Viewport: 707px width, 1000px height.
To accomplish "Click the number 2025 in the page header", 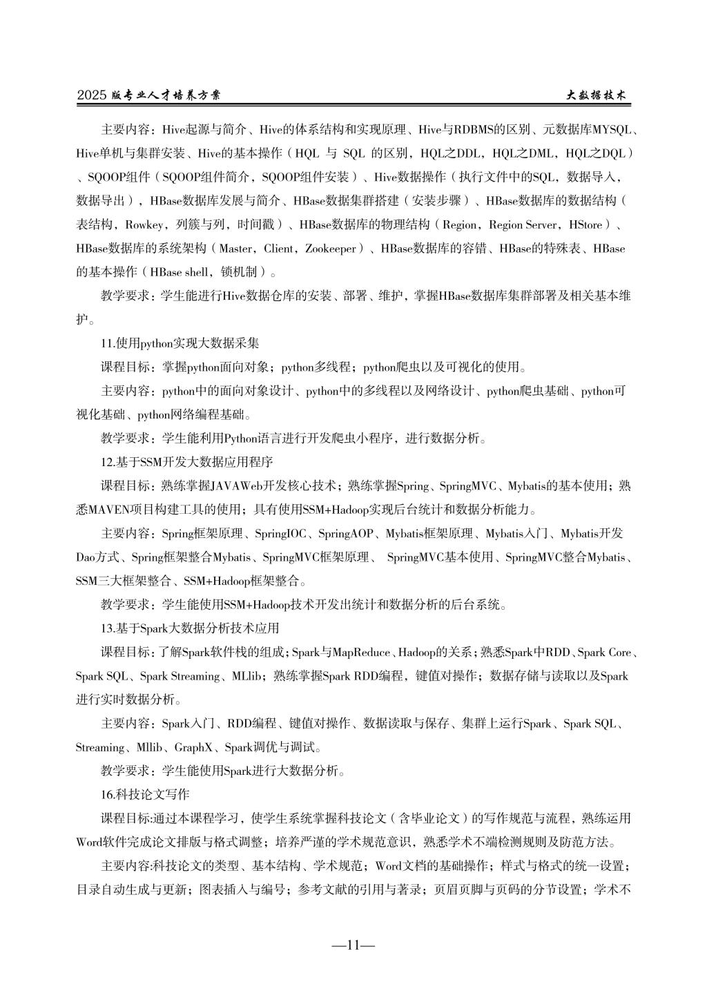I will pyautogui.click(x=91, y=96).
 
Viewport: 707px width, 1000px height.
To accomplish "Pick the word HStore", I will pyautogui.click(x=586, y=224).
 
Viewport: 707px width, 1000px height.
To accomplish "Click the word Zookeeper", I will pyautogui.click(x=331, y=248).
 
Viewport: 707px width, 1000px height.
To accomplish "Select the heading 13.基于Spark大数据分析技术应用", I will pyautogui.click(x=190, y=628).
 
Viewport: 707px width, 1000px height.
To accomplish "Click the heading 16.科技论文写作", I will pyautogui.click(x=145, y=795).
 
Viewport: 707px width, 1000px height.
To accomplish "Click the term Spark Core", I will pyautogui.click(x=604, y=653).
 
